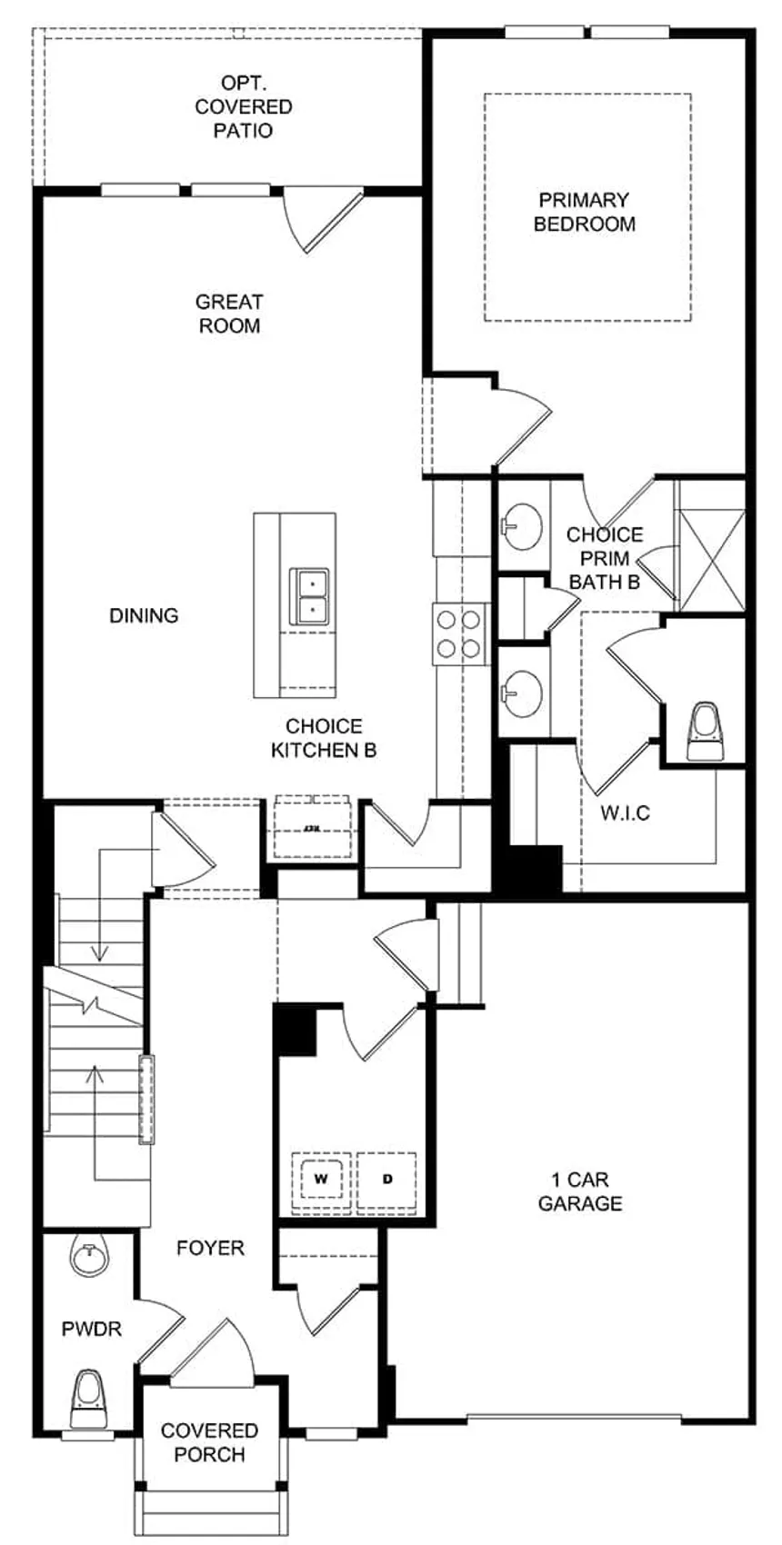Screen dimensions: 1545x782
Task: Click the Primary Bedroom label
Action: (584, 212)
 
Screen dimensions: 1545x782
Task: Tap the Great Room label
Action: (229, 314)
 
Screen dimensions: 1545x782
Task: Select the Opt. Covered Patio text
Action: (244, 107)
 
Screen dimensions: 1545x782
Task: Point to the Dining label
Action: (144, 615)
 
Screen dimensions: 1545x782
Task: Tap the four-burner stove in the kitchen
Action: (458, 633)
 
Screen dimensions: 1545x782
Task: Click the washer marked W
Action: (321, 1180)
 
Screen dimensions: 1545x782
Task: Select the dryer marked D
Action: (387, 1180)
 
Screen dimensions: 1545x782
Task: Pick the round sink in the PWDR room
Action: (89, 1259)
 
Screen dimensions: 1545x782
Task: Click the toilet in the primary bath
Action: (706, 732)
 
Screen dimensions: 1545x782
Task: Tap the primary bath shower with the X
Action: (712, 547)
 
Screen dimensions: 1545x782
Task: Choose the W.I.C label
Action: (626, 812)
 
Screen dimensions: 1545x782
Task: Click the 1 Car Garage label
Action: (580, 1191)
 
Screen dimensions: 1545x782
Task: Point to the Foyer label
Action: (210, 1248)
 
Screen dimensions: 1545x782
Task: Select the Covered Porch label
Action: (209, 1442)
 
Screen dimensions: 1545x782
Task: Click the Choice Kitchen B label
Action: (324, 738)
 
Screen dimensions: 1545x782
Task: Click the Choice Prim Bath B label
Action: (605, 558)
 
